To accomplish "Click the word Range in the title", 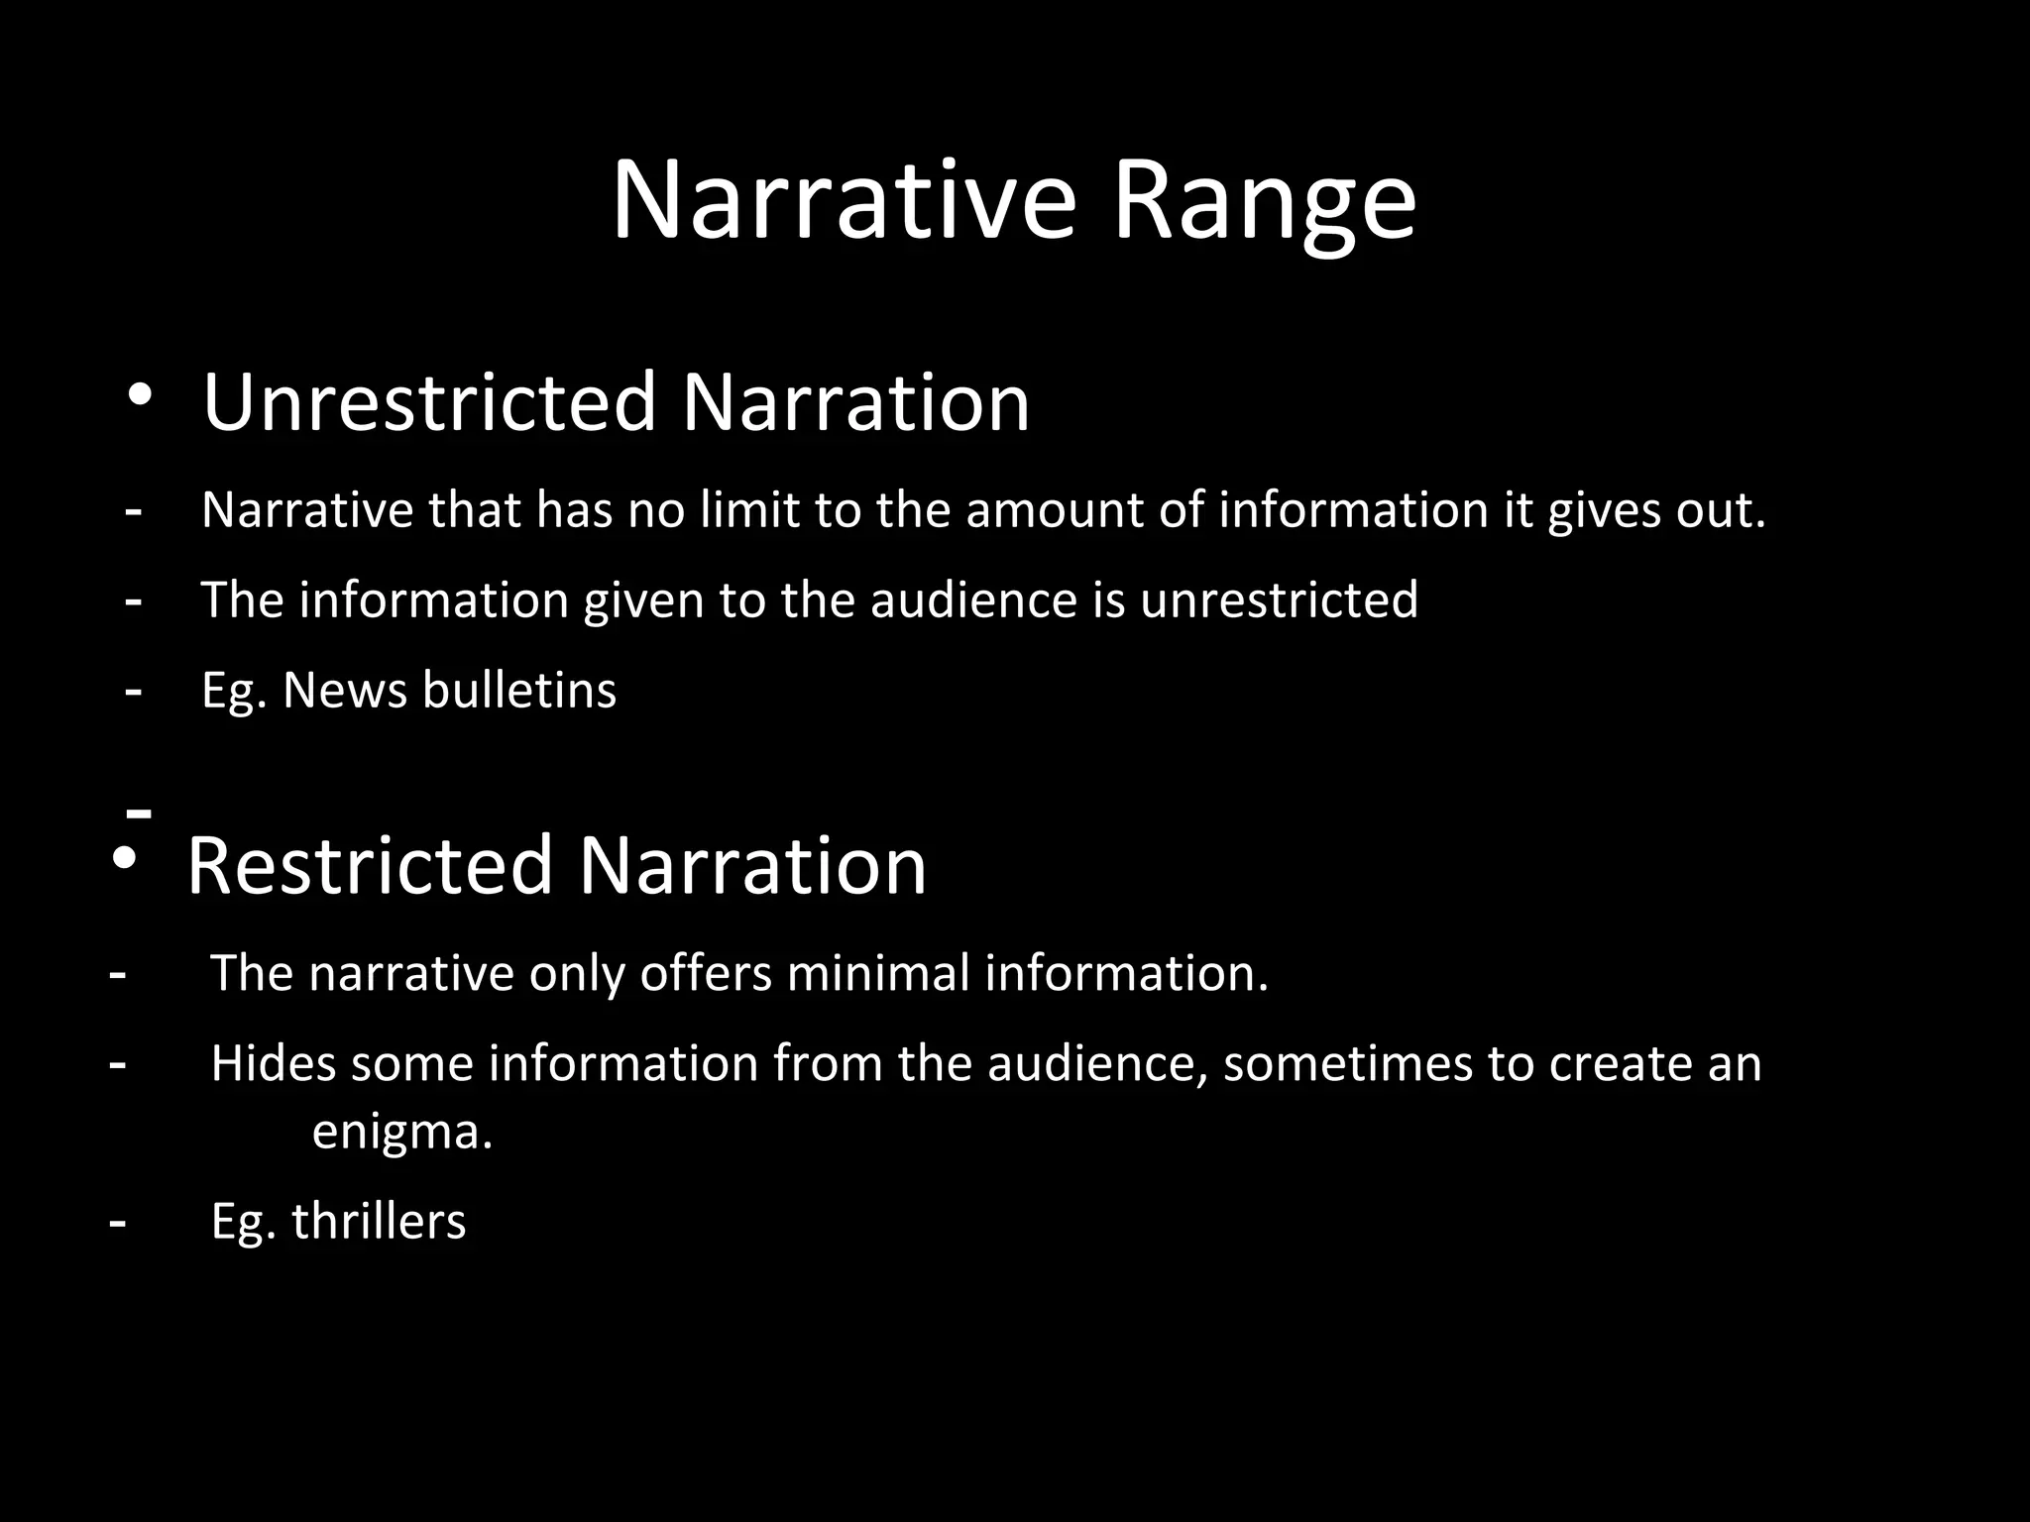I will tap(1265, 203).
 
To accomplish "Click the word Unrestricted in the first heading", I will tap(429, 402).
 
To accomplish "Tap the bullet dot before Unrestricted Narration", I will tap(139, 396).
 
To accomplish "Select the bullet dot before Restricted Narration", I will tap(123, 859).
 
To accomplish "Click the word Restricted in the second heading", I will tap(369, 865).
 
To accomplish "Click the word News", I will tap(344, 690).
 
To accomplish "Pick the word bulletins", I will tap(518, 690).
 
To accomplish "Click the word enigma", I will tap(402, 1132).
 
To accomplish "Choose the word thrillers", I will tap(379, 1221).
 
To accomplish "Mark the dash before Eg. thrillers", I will tap(118, 1223).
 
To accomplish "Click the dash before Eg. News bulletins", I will tap(134, 691).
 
